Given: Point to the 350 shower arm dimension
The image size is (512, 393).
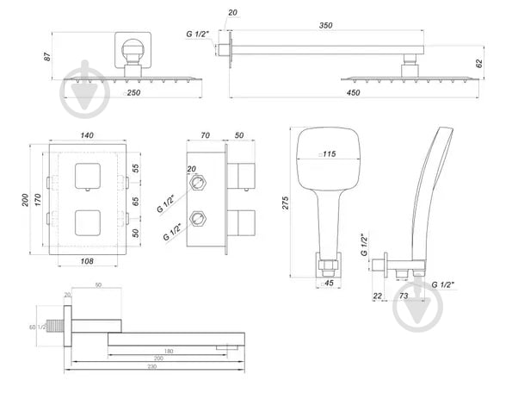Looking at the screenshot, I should point(325,26).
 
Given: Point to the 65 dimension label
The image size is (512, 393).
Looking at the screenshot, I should point(135,201).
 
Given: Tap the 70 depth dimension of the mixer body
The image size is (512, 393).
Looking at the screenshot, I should point(205,136).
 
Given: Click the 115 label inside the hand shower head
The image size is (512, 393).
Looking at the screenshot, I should point(328,154).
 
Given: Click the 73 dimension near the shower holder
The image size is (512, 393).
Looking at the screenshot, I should point(403,295).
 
